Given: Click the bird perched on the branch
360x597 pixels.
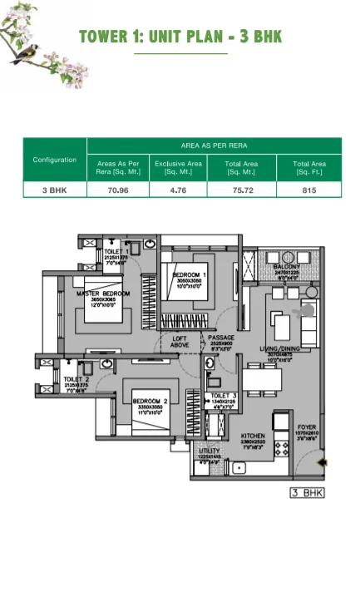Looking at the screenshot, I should coord(24,52).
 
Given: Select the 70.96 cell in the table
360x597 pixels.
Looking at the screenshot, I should coord(118,190).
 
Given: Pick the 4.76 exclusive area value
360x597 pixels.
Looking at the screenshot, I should coord(178,190).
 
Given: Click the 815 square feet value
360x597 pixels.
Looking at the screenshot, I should coord(308,190).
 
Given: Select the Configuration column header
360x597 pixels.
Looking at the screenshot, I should coord(55,160).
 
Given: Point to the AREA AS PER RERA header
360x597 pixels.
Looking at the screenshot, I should coord(214,145).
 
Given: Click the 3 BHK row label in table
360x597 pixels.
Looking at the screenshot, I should coord(55,190).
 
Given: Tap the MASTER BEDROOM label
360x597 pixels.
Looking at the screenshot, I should coord(103,294).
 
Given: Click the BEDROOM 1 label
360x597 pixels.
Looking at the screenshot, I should coord(190,274).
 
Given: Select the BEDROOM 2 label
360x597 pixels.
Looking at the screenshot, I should coord(150,402).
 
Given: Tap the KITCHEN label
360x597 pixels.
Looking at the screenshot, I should coord(252,436).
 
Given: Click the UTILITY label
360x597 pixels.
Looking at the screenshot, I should coord(209,451).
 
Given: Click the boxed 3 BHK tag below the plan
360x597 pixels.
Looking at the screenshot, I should coord(306,493).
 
